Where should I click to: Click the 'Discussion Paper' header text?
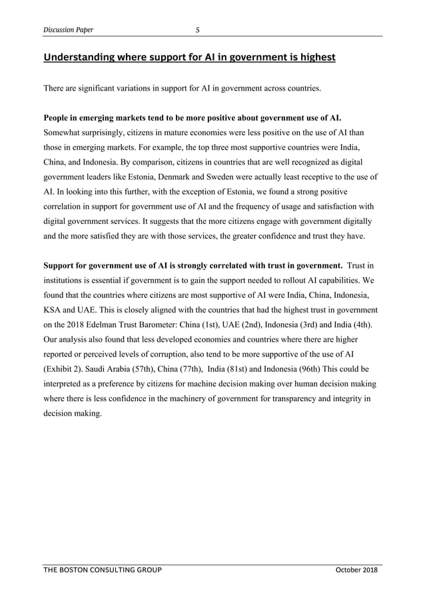coord(68,29)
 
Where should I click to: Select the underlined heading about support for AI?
coord(189,57)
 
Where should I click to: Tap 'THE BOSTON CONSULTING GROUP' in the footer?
coord(102,571)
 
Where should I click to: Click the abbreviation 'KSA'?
coord(53,310)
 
